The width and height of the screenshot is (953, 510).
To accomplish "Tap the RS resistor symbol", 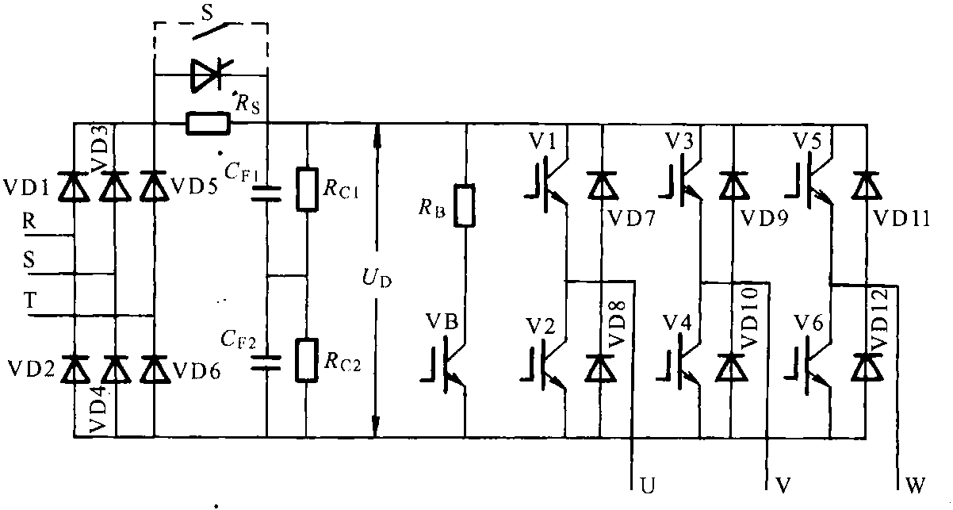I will pos(208,123).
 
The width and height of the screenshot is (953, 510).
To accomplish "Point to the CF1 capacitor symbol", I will pos(266,193).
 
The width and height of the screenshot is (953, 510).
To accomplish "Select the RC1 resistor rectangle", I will pos(307,188).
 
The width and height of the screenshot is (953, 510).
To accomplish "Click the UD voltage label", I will pos(381,280).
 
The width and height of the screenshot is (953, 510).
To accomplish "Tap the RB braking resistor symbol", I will pos(465,206).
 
